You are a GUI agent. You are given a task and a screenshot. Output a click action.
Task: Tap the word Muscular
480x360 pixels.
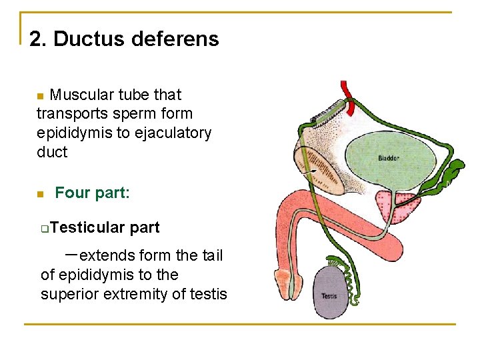click(77, 95)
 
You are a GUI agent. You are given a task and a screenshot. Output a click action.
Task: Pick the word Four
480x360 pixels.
click(71, 193)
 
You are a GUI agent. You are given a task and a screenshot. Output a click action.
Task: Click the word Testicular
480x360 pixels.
click(87, 228)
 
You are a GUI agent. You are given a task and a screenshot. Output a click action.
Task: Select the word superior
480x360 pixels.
click(73, 294)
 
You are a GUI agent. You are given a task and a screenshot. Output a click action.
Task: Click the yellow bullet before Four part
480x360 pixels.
click(40, 194)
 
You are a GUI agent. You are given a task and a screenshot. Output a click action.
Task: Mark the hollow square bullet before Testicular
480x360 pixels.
click(43, 229)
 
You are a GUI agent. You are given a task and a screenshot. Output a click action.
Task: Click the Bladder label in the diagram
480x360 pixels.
click(389, 158)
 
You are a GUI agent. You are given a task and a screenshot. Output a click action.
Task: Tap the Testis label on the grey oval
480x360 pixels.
click(329, 295)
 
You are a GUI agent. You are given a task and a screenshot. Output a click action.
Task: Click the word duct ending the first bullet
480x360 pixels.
click(52, 152)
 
